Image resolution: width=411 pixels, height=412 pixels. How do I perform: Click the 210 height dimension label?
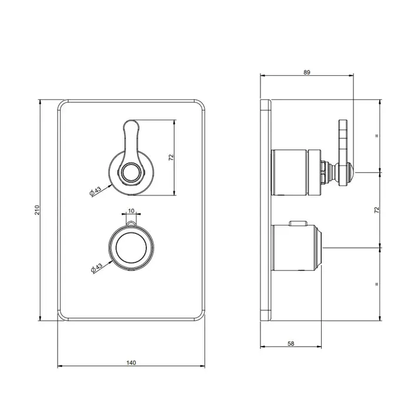(37, 210)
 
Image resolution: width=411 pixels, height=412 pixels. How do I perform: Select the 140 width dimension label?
(131, 363)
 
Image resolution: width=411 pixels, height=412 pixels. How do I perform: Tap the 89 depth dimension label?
(307, 72)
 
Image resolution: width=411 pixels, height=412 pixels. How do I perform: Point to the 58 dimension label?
(291, 343)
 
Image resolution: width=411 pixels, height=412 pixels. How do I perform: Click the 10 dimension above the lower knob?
(131, 211)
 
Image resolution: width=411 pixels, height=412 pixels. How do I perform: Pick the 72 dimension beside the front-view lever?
(171, 158)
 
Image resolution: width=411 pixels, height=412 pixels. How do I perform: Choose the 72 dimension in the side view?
(377, 210)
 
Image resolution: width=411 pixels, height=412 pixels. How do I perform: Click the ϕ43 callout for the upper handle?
(95, 191)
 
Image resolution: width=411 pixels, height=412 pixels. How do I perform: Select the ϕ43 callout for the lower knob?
(96, 268)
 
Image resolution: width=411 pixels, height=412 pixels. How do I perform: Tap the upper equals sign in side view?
(377, 136)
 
